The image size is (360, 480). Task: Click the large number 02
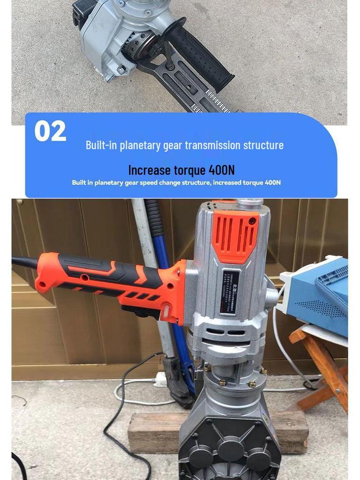(x=50, y=131)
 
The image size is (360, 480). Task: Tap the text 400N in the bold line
(x=221, y=170)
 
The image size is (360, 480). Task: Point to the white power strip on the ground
(x=161, y=379)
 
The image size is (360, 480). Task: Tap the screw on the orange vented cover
(x=253, y=220)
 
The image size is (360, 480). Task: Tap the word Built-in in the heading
(x=101, y=145)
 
